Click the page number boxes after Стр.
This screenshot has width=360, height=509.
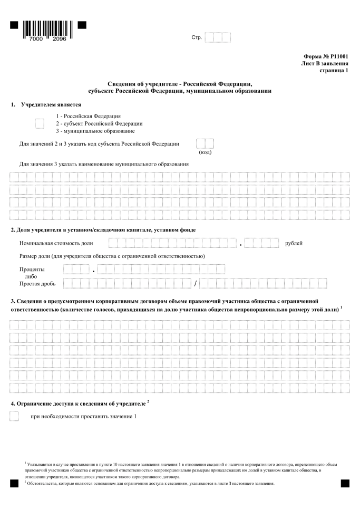[x=217, y=37]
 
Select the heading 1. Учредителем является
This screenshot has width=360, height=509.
[x=46, y=105]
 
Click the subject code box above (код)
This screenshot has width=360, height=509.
[x=205, y=143]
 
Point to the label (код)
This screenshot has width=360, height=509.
[x=205, y=152]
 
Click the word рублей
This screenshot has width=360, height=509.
[x=293, y=243]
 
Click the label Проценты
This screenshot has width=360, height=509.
[x=33, y=270]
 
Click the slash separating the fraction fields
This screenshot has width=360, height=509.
[x=195, y=284]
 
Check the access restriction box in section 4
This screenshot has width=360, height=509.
[x=14, y=417]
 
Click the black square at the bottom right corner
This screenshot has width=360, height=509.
[x=345, y=483]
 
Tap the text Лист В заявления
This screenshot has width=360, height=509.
[x=324, y=63]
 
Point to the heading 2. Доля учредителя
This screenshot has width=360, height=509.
[x=103, y=229]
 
